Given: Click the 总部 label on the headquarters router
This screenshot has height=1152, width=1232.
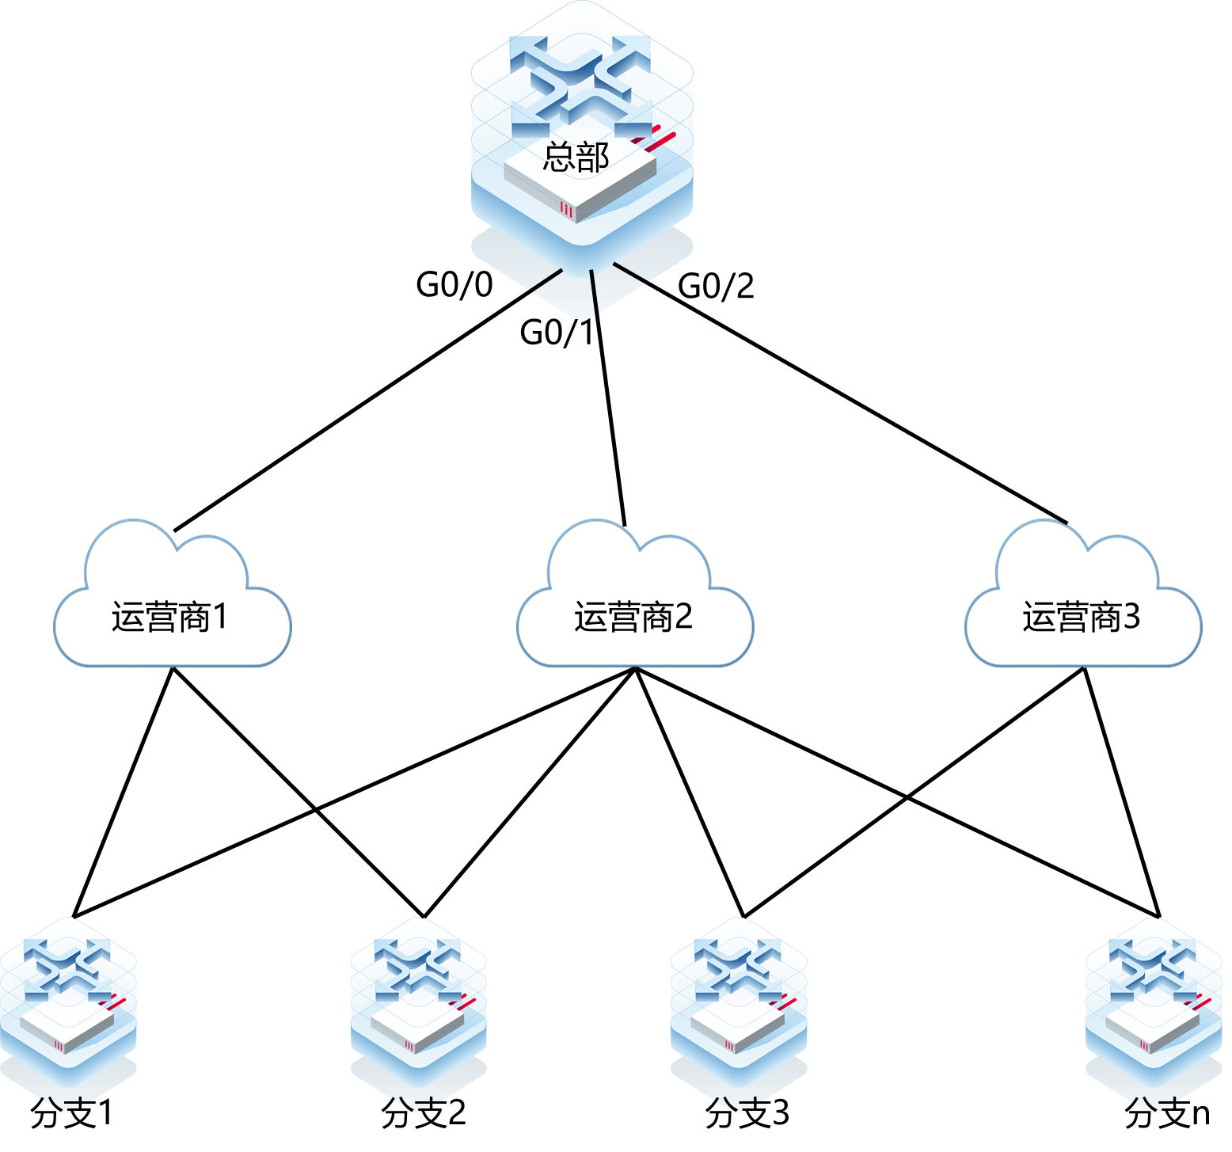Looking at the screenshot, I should click(576, 157).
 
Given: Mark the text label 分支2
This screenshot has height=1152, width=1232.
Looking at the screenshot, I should click(424, 1105).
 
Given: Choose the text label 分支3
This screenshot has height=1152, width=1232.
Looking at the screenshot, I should click(745, 1105).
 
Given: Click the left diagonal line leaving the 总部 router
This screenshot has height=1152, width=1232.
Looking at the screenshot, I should click(525, 294).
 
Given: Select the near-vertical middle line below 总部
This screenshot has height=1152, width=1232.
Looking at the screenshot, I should click(594, 295).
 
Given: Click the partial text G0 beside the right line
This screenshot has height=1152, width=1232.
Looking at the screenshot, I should click(694, 286).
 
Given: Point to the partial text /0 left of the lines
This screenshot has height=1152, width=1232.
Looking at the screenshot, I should click(481, 283).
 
